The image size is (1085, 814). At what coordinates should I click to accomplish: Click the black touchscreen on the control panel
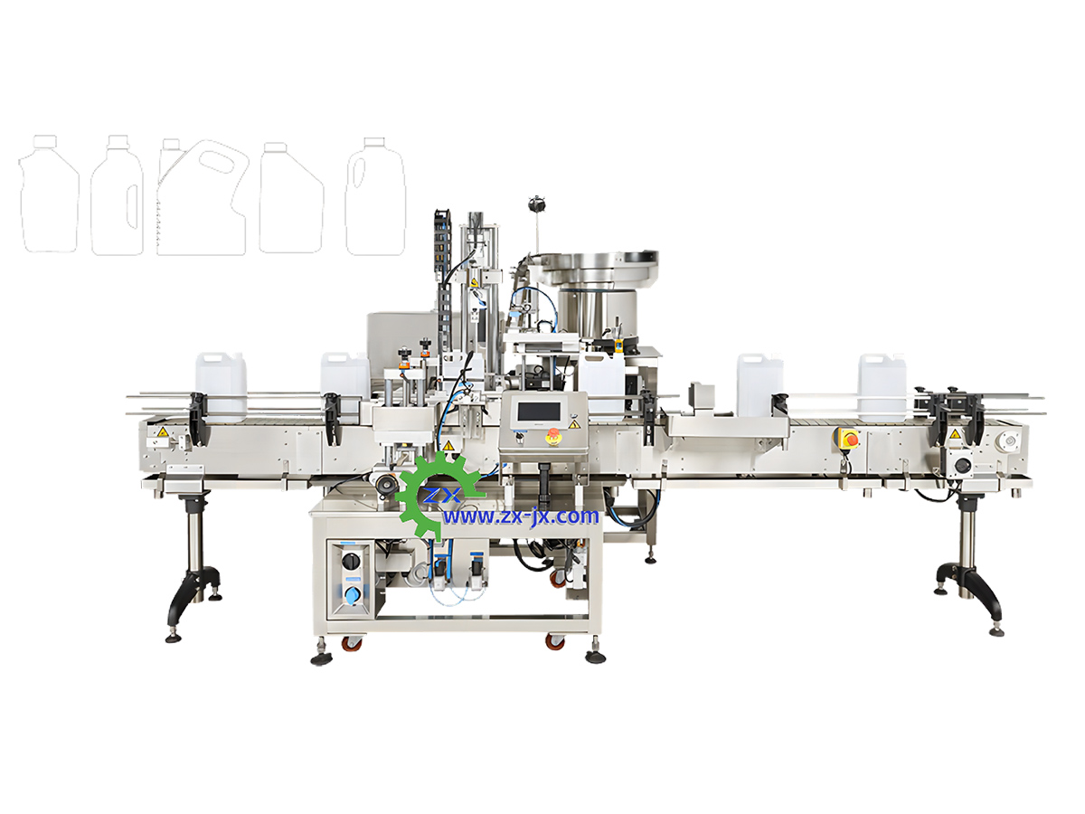[538, 412]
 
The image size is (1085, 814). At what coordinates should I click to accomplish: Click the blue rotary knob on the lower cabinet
[352, 594]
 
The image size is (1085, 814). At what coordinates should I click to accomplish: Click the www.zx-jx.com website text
[522, 516]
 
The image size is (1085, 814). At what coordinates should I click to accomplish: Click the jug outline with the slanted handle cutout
[202, 196]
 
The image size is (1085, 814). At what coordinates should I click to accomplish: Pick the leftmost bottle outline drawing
[49, 194]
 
